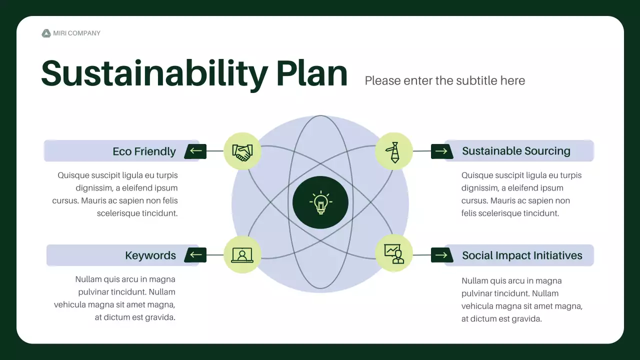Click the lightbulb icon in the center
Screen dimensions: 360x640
(x=320, y=202)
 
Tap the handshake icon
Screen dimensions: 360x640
(x=242, y=151)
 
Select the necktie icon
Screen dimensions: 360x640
(x=394, y=151)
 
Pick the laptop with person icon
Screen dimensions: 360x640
(x=242, y=255)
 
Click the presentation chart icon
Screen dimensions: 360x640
(x=394, y=254)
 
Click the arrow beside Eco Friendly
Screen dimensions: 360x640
(x=195, y=151)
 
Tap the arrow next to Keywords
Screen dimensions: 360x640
(x=195, y=255)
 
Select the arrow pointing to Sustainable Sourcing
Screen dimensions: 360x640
(x=441, y=151)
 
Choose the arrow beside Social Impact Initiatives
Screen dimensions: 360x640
(x=441, y=255)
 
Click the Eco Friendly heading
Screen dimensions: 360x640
(x=144, y=151)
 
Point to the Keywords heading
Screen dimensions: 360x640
(x=150, y=255)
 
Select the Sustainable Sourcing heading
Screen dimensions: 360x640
(x=516, y=151)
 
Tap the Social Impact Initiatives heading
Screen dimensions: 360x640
(x=522, y=255)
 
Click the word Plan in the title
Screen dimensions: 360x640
(x=311, y=74)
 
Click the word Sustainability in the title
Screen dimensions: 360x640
(x=154, y=74)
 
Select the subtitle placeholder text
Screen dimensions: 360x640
(x=444, y=80)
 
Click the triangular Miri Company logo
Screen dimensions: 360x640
(x=46, y=33)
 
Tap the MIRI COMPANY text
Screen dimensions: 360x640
(x=76, y=33)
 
